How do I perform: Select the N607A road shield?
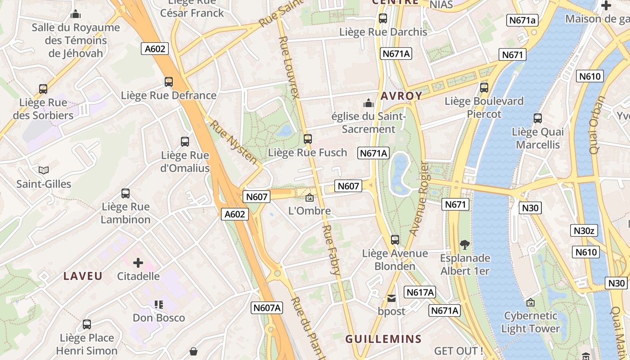pyautogui.click(x=267, y=308)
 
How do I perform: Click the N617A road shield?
pyautogui.click(x=420, y=292)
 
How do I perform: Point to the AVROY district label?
pyautogui.click(x=401, y=96)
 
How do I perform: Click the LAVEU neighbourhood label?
pyautogui.click(x=83, y=276)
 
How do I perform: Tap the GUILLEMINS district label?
pyautogui.click(x=383, y=339)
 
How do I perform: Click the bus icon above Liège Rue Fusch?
pyautogui.click(x=308, y=139)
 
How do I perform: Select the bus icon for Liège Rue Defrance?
pyautogui.click(x=169, y=82)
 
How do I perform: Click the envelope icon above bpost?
pyautogui.click(x=391, y=298)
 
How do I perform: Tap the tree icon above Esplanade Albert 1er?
pyautogui.click(x=465, y=245)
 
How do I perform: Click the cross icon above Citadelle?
pyautogui.click(x=138, y=262)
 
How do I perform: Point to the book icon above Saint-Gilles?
pyautogui.click(x=44, y=170)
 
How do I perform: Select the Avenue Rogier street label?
pyautogui.click(x=418, y=198)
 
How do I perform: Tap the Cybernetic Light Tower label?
pyautogui.click(x=531, y=322)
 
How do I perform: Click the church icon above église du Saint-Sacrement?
pyautogui.click(x=369, y=103)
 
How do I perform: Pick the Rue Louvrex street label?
pyautogui.click(x=289, y=67)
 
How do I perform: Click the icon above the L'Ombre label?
pyautogui.click(x=310, y=197)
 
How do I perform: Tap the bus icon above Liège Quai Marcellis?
pyautogui.click(x=538, y=118)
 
